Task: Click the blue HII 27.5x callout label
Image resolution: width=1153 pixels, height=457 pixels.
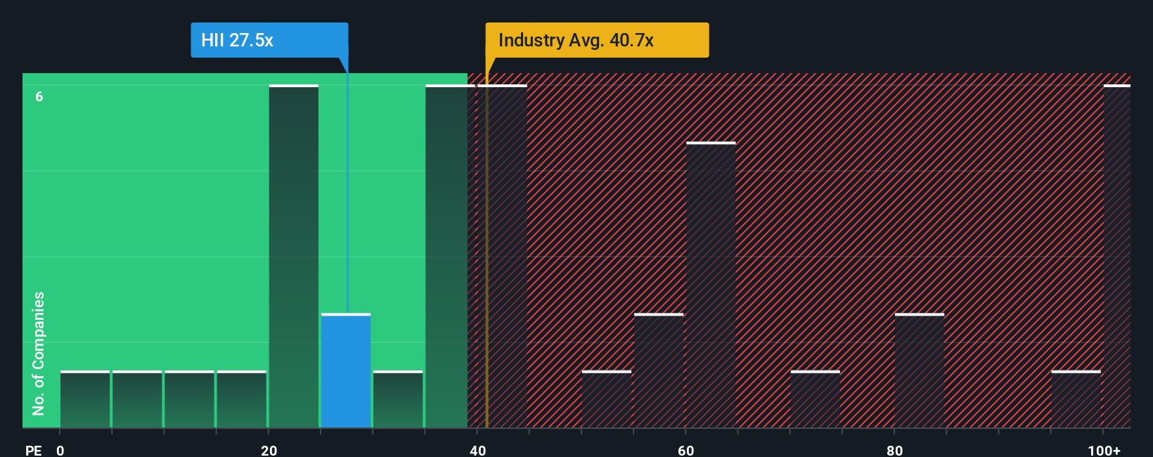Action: click(x=269, y=40)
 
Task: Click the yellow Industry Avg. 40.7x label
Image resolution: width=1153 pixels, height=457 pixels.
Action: click(x=597, y=40)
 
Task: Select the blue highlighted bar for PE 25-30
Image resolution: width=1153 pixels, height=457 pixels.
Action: click(x=346, y=371)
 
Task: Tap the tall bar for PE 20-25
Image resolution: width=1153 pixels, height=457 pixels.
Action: click(x=294, y=257)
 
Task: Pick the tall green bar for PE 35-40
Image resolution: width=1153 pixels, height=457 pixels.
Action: click(x=447, y=257)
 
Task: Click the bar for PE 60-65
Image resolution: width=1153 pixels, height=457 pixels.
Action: click(x=711, y=285)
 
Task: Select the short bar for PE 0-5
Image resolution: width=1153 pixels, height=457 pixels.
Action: click(x=85, y=399)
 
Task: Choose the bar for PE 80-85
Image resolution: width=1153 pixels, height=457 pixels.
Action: click(x=920, y=371)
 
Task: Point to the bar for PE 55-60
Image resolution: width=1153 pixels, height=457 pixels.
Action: click(x=659, y=371)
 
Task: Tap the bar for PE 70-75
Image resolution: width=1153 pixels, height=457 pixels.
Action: click(x=816, y=399)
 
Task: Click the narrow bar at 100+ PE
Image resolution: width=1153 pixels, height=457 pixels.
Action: click(x=1117, y=257)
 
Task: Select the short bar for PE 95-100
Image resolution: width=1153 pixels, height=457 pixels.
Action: click(x=1076, y=399)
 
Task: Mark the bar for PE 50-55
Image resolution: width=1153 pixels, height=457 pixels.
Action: click(x=607, y=399)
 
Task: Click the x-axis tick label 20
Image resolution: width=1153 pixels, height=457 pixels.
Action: click(x=269, y=450)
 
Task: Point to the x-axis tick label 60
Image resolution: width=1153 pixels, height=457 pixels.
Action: click(x=686, y=450)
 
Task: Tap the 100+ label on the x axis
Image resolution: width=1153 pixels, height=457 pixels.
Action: click(x=1104, y=450)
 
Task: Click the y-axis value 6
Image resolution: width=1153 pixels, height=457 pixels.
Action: click(x=39, y=97)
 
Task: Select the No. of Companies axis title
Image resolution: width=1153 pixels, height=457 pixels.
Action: click(x=39, y=353)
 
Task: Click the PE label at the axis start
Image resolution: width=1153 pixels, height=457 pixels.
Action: click(x=33, y=450)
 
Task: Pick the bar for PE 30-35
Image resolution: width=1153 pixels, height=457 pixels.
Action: click(x=398, y=399)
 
